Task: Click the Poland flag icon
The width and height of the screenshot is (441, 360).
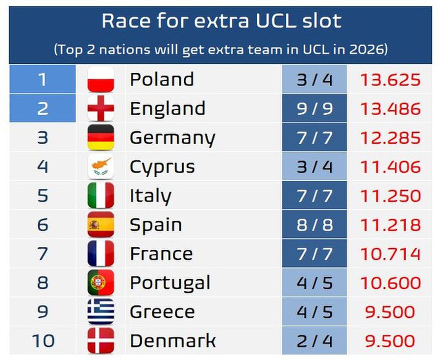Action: click(100, 79)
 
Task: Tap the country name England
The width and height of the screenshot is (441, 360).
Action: click(167, 108)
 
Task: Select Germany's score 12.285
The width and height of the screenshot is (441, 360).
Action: click(390, 138)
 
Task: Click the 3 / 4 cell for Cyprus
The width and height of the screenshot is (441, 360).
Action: click(314, 167)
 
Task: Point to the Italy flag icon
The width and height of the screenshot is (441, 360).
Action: click(100, 195)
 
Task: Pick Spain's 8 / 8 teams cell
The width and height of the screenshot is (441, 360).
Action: click(314, 225)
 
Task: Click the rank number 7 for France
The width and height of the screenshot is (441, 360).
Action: click(43, 254)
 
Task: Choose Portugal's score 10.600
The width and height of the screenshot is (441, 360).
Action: click(390, 283)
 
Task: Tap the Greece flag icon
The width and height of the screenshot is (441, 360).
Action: click(100, 312)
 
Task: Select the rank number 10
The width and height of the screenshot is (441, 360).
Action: click(43, 340)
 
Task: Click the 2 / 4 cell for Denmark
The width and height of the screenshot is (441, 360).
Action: click(314, 340)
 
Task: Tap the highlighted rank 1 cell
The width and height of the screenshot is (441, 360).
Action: click(43, 79)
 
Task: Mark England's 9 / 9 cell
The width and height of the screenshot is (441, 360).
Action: click(314, 108)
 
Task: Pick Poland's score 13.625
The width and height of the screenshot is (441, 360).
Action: click(390, 79)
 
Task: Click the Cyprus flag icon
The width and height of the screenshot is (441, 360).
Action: click(100, 167)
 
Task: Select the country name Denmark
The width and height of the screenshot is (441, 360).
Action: click(172, 340)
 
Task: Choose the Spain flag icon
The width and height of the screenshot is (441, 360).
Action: click(100, 225)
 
